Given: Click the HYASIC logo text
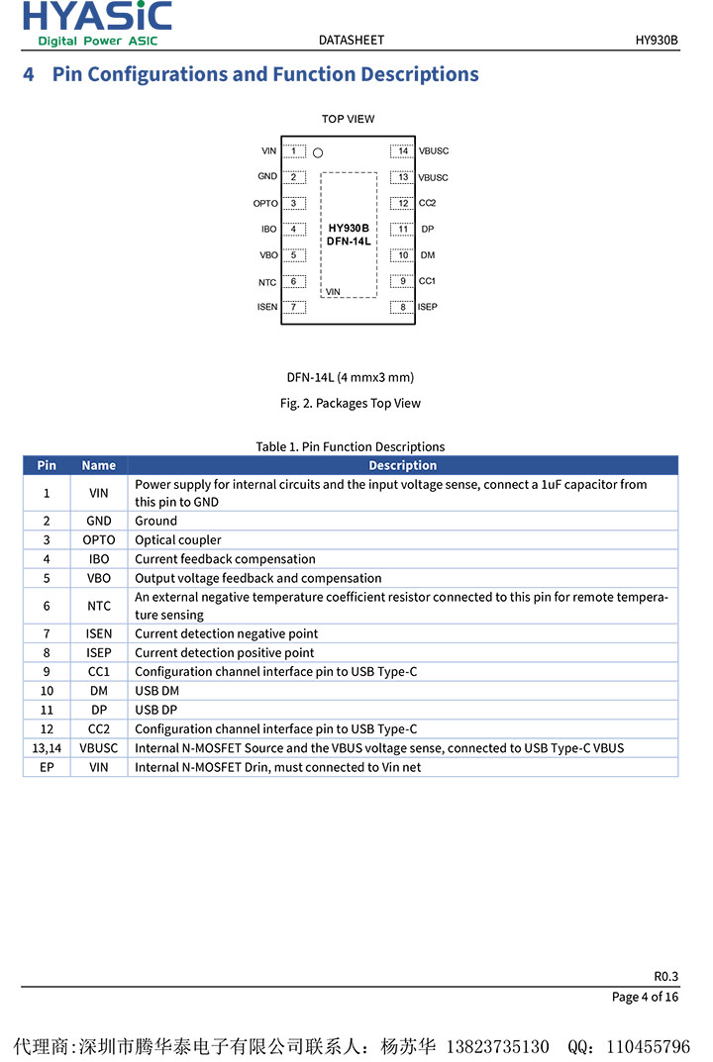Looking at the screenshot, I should click(97, 17).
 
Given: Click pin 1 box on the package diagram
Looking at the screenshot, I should click(293, 151).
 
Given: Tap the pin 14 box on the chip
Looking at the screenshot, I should click(402, 151).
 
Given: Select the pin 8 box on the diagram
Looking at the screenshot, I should click(402, 307).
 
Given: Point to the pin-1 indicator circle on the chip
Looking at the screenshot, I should click(318, 153).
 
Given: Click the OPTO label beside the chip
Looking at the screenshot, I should click(265, 204).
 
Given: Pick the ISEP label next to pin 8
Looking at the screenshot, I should click(427, 307).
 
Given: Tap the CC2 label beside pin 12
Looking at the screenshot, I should click(427, 203).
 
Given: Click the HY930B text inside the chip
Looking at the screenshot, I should click(349, 228).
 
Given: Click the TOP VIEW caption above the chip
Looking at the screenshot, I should click(348, 119).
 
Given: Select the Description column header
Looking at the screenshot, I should click(402, 465).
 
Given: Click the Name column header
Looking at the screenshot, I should click(98, 465).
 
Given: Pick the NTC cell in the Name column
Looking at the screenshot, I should click(98, 606).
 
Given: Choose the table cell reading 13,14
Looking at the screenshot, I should click(47, 748).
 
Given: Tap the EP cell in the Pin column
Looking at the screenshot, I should click(47, 767).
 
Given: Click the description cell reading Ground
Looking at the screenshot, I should click(156, 521).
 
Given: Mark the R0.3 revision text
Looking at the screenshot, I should click(665, 975).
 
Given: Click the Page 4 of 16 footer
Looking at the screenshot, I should click(645, 997).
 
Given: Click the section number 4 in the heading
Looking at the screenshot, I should click(29, 74).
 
